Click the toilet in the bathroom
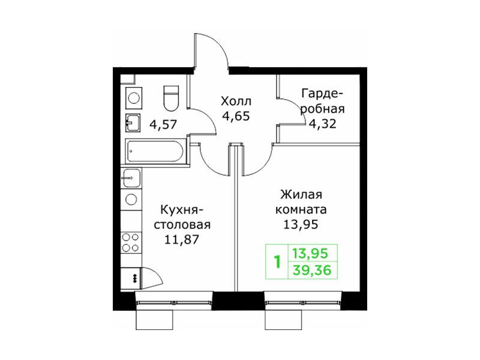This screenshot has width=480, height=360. [x=171, y=98]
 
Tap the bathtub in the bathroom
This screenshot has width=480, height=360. [x=155, y=151]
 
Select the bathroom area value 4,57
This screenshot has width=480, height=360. [x=163, y=125]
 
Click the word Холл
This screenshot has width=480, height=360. [x=236, y=101]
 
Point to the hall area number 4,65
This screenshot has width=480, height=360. [x=236, y=116]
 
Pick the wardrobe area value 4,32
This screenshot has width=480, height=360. [x=322, y=124]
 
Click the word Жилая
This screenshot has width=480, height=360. [x=301, y=194]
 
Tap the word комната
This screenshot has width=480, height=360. [x=301, y=209]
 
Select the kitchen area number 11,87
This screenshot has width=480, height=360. [x=182, y=239]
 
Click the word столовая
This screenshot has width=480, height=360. [x=182, y=224]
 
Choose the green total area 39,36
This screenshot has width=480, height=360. [x=312, y=271]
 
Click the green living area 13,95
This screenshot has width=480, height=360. [x=310, y=253]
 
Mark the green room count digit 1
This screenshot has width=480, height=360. [x=278, y=262]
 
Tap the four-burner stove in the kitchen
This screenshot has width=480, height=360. [x=131, y=242]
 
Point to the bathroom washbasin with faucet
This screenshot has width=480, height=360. [x=133, y=123]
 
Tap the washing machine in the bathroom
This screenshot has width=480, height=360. [x=134, y=98]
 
